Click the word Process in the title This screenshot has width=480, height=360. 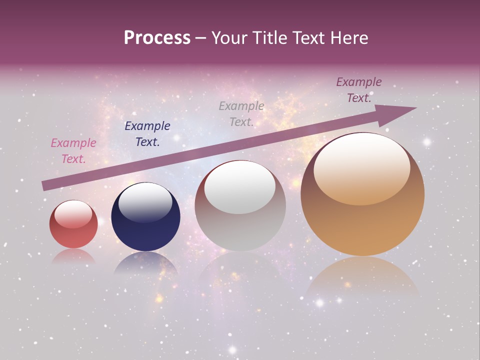(x=157, y=38)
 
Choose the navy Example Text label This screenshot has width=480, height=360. (x=147, y=134)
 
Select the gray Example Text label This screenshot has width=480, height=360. (x=241, y=113)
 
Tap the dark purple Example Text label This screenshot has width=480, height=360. (x=359, y=90)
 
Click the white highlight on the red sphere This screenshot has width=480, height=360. (x=73, y=214)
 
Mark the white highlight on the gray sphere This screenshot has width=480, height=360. (x=240, y=187)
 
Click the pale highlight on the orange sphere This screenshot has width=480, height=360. (x=361, y=167)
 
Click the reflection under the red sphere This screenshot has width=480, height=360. (x=73, y=256)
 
